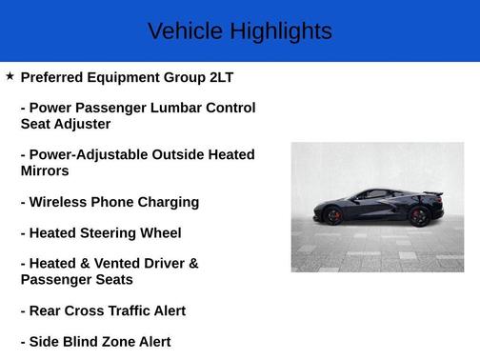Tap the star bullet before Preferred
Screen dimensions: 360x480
[x=10, y=75]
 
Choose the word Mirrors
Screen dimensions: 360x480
[x=45, y=171]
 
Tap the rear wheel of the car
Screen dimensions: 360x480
[x=419, y=215]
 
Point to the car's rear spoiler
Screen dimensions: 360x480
[x=434, y=194]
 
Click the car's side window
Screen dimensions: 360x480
[x=374, y=194]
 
